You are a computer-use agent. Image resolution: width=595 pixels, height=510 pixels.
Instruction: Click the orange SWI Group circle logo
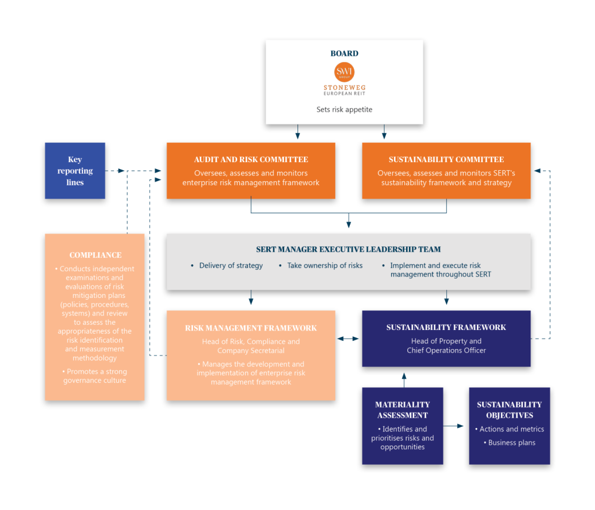pos(344,71)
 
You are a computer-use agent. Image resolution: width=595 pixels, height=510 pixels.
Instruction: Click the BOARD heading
pos(344,53)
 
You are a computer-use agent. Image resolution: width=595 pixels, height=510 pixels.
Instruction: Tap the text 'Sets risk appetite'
pos(344,109)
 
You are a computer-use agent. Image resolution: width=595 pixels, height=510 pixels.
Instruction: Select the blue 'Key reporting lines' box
pos(75,171)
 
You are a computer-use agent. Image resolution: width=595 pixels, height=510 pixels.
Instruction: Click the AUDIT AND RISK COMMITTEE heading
pos(251,159)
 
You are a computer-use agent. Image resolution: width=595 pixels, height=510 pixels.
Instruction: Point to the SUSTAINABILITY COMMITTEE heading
pos(446,159)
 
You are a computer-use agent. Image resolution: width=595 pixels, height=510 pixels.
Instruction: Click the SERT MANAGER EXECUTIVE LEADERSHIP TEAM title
pos(349,249)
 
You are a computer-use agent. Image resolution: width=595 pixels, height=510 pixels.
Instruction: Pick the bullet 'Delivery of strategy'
pos(227,265)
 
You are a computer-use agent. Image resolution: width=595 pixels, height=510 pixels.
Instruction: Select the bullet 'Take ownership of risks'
pos(321,265)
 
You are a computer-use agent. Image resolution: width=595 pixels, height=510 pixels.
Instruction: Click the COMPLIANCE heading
pos(95,255)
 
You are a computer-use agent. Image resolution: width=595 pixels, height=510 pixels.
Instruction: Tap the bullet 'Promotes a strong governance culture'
pos(95,376)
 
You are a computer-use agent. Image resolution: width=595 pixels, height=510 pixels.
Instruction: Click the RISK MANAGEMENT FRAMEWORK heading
pos(251,328)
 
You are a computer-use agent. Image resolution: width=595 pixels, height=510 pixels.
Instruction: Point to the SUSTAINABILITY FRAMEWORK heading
pos(446,327)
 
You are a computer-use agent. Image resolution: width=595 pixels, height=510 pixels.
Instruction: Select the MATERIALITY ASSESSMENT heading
pos(403,410)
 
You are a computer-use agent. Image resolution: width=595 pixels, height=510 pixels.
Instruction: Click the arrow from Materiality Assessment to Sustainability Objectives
pos(453,426)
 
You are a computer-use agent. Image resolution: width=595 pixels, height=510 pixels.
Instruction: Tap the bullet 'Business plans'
pos(510,443)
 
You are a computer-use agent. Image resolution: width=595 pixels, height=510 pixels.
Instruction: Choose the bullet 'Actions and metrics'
pos(510,429)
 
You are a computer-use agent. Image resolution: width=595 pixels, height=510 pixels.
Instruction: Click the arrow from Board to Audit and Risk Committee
pos(297,132)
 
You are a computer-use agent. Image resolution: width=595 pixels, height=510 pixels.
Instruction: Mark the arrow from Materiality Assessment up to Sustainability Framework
pos(404,380)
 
